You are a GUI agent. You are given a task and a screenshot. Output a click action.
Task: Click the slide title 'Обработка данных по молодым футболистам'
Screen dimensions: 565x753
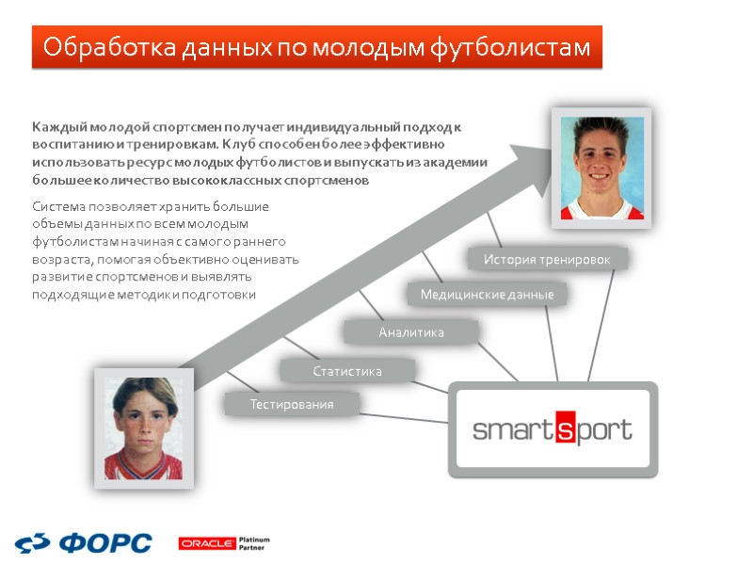316,47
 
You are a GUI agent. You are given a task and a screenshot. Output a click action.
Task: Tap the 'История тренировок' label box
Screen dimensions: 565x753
547,259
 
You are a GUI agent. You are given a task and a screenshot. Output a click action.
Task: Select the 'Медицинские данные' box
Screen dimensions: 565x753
487,295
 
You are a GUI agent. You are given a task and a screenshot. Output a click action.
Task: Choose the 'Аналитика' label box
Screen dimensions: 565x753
411,332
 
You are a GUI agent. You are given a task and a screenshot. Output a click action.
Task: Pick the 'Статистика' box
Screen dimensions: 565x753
347,372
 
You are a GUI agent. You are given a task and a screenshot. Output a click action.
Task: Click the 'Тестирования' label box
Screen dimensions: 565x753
292,405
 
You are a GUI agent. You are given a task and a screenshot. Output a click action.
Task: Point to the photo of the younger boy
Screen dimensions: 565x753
143,428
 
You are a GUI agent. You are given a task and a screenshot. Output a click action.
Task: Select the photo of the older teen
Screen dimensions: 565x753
601,168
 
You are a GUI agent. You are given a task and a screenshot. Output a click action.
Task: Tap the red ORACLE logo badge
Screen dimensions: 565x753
206,543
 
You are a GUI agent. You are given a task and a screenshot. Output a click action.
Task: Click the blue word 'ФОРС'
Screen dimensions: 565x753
105,543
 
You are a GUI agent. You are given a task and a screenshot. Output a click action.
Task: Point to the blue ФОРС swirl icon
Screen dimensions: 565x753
35,543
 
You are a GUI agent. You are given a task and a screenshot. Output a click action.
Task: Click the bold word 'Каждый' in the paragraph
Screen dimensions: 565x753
57,126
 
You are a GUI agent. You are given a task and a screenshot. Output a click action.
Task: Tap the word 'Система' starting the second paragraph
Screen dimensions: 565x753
57,206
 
